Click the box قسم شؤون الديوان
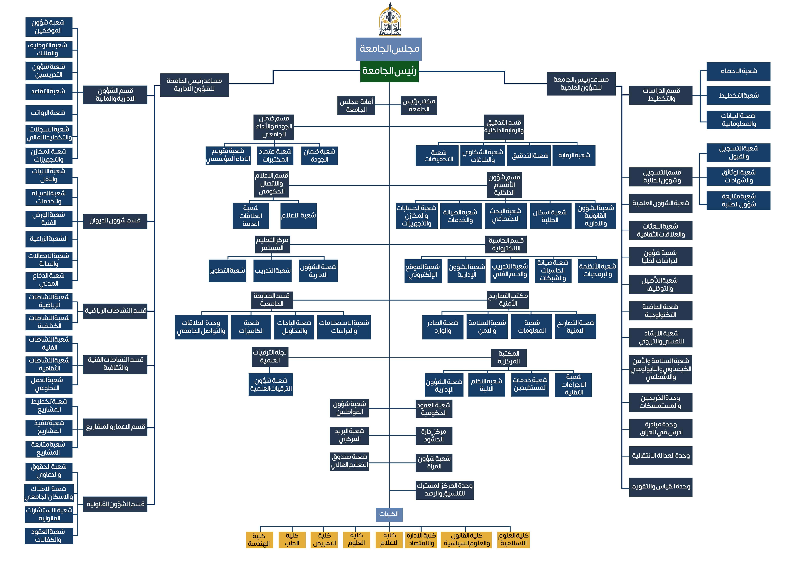115,221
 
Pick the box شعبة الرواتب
49,113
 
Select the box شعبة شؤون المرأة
434,462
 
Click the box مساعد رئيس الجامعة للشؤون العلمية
581,84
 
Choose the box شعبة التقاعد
49,91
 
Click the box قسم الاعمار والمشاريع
115,427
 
